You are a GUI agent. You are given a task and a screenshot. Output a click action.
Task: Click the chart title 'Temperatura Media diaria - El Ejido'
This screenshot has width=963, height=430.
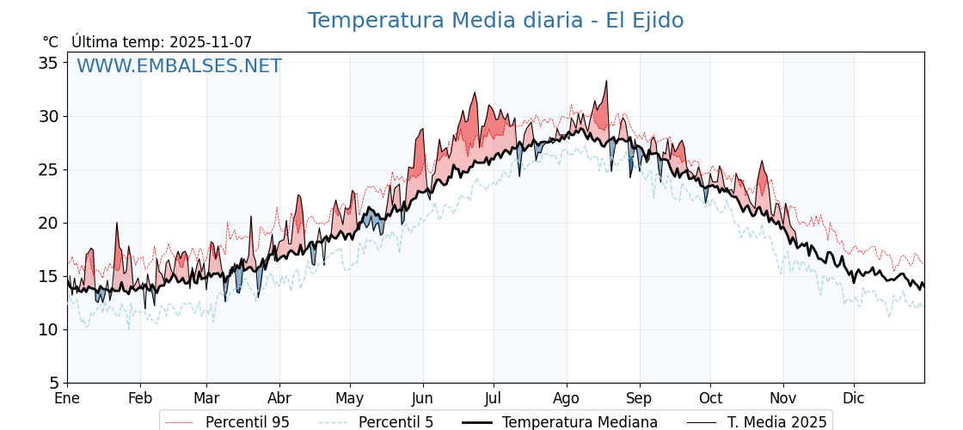tap(495, 21)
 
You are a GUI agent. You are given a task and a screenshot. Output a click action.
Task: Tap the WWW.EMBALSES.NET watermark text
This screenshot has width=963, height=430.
tap(179, 66)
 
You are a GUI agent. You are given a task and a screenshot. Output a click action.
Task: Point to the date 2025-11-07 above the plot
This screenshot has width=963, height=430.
tap(211, 42)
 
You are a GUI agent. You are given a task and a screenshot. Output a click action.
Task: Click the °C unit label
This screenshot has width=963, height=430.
tap(50, 42)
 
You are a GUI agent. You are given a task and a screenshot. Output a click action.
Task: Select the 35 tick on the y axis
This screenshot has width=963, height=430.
tap(48, 63)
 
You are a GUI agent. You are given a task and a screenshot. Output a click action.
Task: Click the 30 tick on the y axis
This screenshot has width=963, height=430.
tap(48, 116)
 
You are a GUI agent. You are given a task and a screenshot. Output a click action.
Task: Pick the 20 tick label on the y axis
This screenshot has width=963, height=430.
tap(48, 223)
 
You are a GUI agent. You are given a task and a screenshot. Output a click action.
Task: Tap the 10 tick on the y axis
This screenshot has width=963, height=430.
tap(48, 329)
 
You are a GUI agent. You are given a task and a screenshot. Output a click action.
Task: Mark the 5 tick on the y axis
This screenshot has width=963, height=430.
tap(53, 383)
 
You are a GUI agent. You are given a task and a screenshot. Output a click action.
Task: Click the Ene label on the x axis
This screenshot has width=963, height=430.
tap(67, 398)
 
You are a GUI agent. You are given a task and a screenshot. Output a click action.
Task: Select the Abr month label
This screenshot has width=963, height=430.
tap(279, 398)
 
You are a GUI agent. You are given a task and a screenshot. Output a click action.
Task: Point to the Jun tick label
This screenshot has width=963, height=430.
tap(423, 398)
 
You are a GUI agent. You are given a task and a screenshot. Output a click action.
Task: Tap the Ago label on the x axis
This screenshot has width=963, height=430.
tap(567, 398)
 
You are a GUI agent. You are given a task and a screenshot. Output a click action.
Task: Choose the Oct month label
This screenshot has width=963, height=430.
tap(710, 398)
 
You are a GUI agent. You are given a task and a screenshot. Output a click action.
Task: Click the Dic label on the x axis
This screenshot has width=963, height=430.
tap(854, 398)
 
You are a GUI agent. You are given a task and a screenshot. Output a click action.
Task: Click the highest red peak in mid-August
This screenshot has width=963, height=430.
tap(606, 82)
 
